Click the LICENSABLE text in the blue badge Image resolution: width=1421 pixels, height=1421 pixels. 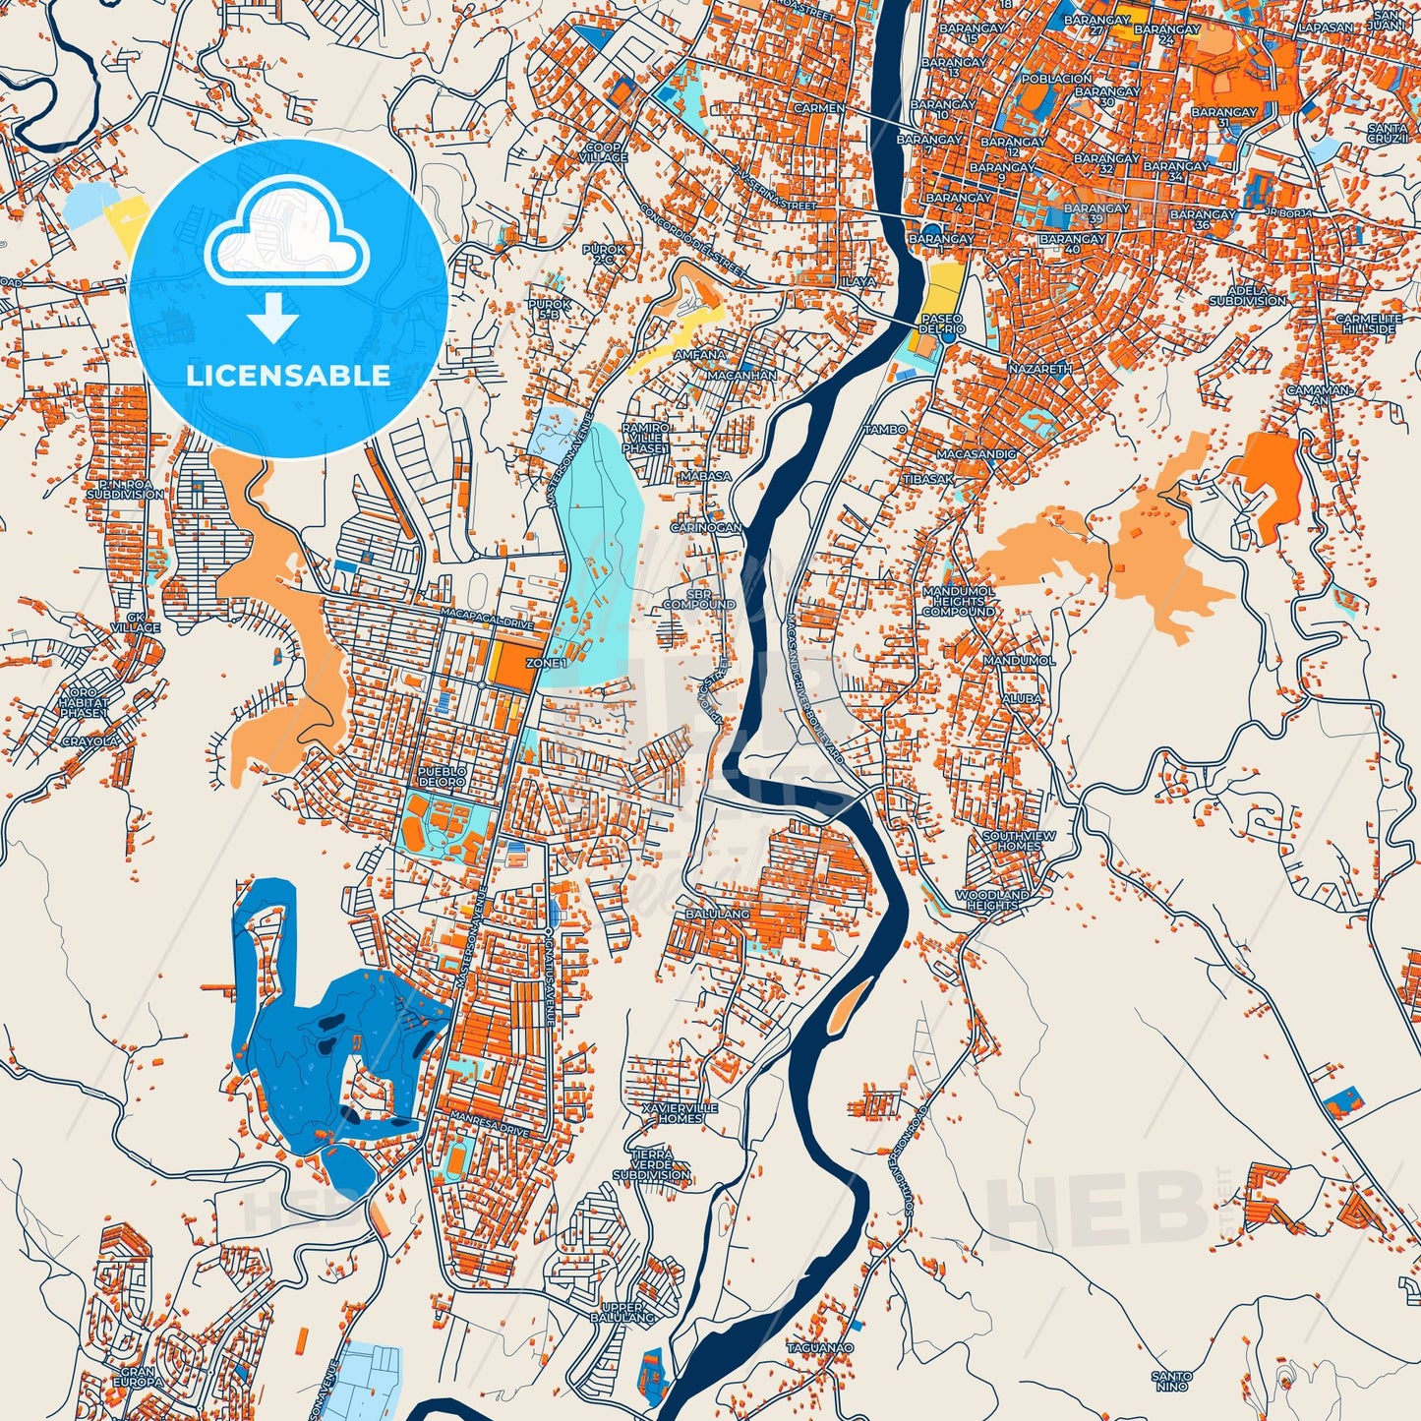pos(288,375)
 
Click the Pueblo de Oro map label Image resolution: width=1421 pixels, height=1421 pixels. pos(442,777)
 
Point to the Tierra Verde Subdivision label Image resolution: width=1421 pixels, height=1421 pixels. pos(651,1164)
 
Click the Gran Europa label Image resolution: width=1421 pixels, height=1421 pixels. pos(138,1377)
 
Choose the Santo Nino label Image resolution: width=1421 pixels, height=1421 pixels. pos(1172,1382)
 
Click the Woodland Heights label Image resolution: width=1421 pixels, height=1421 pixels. pos(992,900)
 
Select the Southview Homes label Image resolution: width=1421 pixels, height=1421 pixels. pos(1019,841)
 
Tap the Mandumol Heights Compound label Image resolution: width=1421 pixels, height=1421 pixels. pos(958,601)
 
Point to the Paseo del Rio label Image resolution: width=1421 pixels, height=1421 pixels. pos(943,324)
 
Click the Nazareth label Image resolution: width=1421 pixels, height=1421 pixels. pos(1039,368)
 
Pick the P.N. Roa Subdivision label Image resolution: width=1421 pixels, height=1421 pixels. pos(125,490)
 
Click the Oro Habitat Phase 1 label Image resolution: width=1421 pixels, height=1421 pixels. pos(83,703)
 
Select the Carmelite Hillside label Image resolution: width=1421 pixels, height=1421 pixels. pos(1368,324)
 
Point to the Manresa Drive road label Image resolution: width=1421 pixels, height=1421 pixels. pos(490,1124)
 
